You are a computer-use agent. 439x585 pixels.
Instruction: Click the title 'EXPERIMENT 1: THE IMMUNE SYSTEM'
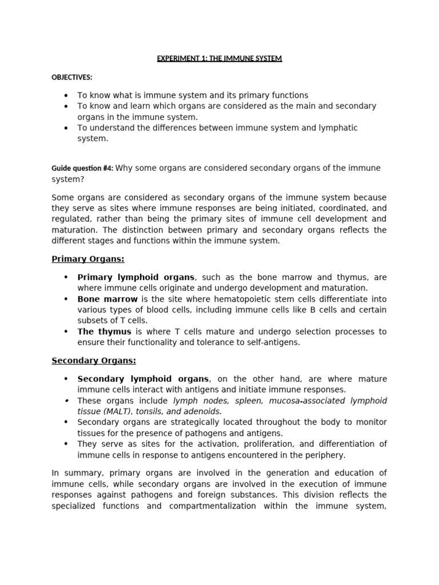[x=219, y=58]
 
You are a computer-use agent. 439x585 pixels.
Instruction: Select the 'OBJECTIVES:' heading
[x=72, y=77]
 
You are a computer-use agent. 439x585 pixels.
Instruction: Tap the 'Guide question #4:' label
[x=82, y=168]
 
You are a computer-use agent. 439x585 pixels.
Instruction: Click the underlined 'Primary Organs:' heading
[x=88, y=259]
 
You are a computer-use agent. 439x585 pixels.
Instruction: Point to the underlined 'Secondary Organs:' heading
[x=94, y=360]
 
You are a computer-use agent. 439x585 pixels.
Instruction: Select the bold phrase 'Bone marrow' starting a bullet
[x=107, y=299]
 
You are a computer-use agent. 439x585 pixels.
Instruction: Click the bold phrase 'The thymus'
[x=104, y=331]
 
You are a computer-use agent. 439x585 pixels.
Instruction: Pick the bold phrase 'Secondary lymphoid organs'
[x=143, y=379]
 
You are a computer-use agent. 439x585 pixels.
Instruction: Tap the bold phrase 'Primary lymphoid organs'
[x=136, y=277]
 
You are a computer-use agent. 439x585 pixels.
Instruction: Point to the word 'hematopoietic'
[x=234, y=299]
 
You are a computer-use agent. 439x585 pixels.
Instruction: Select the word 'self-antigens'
[x=273, y=342]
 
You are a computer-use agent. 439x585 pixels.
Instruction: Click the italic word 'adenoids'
[x=203, y=411]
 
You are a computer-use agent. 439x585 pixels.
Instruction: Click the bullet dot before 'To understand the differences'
[x=66, y=128]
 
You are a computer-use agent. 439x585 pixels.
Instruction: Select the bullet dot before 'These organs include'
[x=66, y=400]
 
